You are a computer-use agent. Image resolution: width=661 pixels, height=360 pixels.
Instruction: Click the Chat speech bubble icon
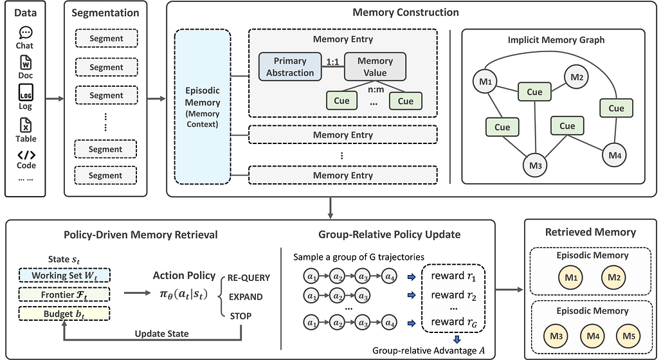[26, 32]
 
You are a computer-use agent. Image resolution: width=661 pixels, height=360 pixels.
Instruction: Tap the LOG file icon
[26, 93]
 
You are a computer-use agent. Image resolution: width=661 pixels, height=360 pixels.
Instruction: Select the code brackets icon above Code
[26, 155]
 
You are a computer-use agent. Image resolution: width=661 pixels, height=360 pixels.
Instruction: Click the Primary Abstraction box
[290, 67]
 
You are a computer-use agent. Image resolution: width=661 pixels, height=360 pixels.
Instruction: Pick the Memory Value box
[375, 67]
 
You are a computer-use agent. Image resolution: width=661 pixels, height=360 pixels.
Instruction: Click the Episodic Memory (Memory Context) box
[203, 107]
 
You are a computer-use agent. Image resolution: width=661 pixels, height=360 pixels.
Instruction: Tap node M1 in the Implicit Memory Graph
[485, 82]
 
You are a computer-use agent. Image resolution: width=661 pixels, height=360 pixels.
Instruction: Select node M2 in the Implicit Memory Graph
[576, 77]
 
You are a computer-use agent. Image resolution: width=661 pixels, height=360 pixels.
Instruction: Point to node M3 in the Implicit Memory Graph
[535, 165]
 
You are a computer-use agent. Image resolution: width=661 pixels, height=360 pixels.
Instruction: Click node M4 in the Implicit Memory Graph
[615, 155]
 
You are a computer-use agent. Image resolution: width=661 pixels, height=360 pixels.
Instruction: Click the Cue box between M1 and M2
[534, 92]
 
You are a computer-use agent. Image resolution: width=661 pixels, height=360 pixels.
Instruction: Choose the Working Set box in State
[64, 276]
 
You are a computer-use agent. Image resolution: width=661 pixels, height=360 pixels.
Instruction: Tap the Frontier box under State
[64, 294]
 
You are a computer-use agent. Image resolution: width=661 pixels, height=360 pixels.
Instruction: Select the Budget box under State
[64, 314]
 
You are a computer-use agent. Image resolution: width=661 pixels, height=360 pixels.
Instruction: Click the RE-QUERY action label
[249, 278]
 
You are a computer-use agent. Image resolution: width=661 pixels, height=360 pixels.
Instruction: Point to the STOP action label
[240, 316]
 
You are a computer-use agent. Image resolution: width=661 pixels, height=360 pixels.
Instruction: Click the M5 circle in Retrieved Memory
[629, 336]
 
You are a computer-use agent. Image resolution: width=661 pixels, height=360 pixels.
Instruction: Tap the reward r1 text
[453, 276]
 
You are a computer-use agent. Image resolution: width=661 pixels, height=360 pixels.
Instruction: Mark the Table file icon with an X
[26, 125]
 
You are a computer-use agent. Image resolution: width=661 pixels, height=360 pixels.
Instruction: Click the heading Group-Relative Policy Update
[389, 235]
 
